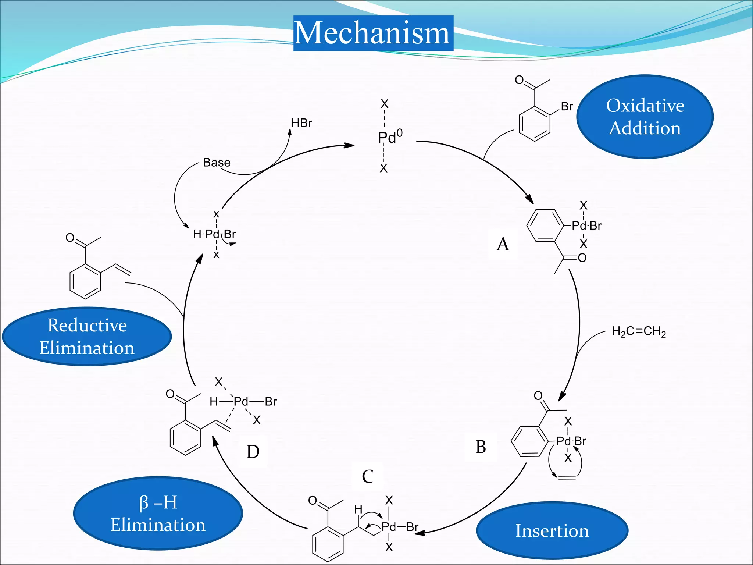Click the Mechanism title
pyautogui.click(x=373, y=33)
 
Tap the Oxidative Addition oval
pyautogui.click(x=645, y=117)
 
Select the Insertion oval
pyautogui.click(x=552, y=530)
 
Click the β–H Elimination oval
pyautogui.click(x=158, y=514)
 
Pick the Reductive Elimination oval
pyautogui.click(x=87, y=336)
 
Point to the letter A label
pyautogui.click(x=503, y=244)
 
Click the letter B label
pyautogui.click(x=481, y=447)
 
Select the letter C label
pyautogui.click(x=367, y=477)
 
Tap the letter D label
pyautogui.click(x=253, y=452)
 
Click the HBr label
pyautogui.click(x=301, y=123)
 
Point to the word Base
pyautogui.click(x=217, y=163)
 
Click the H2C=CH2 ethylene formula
pyautogui.click(x=639, y=331)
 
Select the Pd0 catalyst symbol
pyautogui.click(x=389, y=137)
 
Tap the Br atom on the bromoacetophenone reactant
pyautogui.click(x=567, y=106)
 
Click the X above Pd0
pyautogui.click(x=384, y=104)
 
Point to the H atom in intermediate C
pyautogui.click(x=358, y=509)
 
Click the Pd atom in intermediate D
pyautogui.click(x=241, y=401)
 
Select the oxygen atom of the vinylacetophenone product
pyautogui.click(x=70, y=238)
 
